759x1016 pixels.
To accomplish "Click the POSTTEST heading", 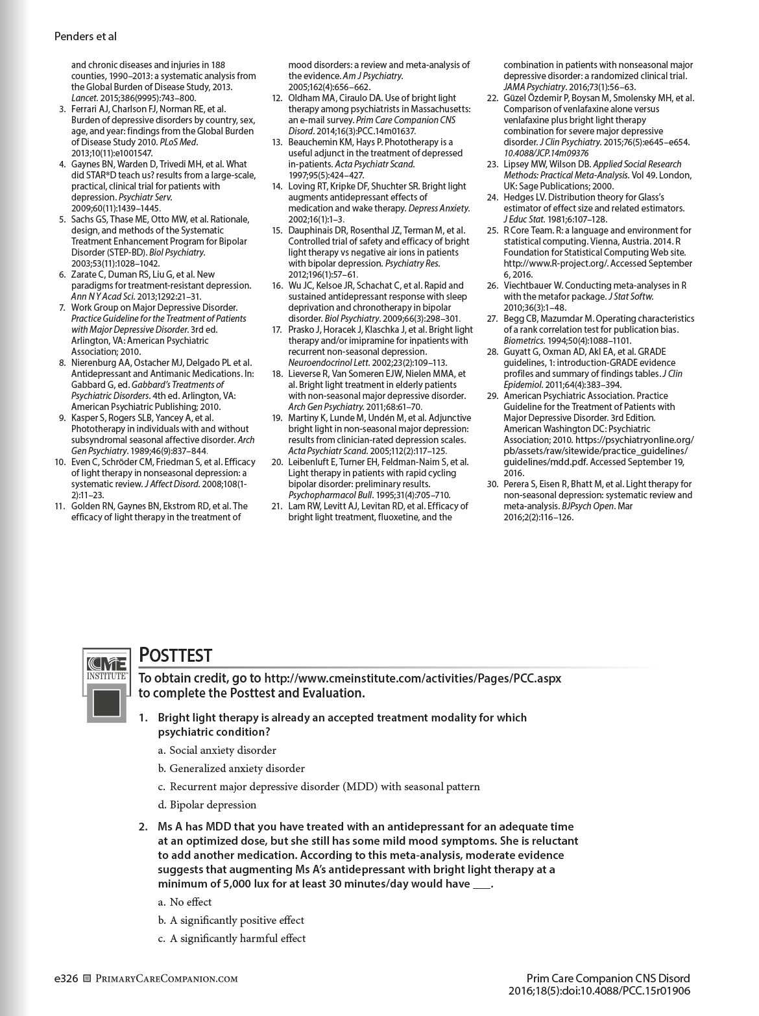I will pyautogui.click(x=176, y=655).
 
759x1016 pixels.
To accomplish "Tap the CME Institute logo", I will pyautogui.click(x=107, y=684).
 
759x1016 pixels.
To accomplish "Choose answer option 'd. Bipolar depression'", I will pyautogui.click(x=207, y=805).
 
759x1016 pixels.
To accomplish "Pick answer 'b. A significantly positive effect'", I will pyautogui.click(x=231, y=921).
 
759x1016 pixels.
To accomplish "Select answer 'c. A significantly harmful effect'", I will pyautogui.click(x=232, y=939).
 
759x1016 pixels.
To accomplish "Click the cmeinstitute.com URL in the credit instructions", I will pyautogui.click(x=413, y=679).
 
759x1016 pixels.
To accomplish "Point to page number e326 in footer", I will pyautogui.click(x=66, y=979).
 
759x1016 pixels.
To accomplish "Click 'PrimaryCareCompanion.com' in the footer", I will pyautogui.click(x=166, y=979).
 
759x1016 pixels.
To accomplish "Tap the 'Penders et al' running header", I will pyautogui.click(x=86, y=37).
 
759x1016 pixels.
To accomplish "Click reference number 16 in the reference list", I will pyautogui.click(x=277, y=285).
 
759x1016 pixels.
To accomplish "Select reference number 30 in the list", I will pyautogui.click(x=492, y=484).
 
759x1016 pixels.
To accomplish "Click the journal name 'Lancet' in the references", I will pyautogui.click(x=83, y=98).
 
